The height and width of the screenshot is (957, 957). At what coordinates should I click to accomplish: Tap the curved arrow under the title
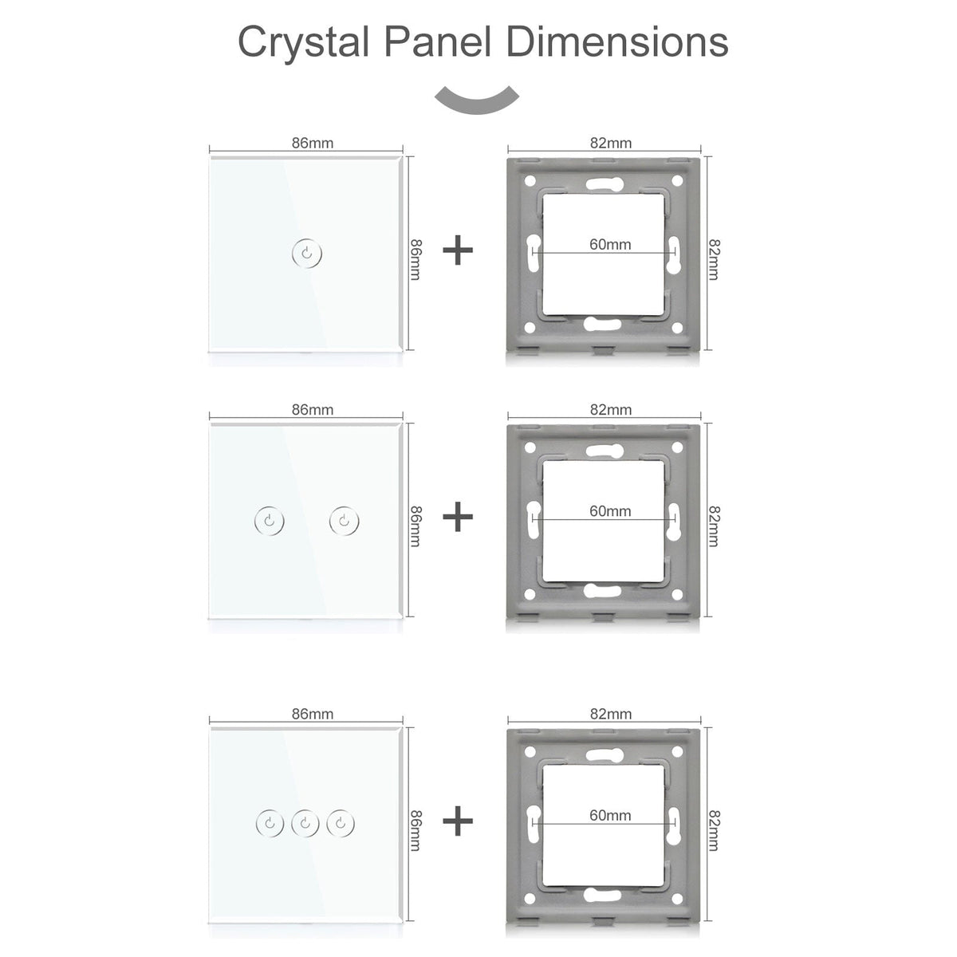(x=477, y=102)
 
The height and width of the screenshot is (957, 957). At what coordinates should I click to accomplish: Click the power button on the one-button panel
(x=308, y=254)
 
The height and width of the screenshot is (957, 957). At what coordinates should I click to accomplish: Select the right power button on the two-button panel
(x=344, y=521)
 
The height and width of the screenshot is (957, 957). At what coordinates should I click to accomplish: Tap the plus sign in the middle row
(x=458, y=518)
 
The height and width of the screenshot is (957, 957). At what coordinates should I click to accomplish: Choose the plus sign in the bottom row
(x=458, y=821)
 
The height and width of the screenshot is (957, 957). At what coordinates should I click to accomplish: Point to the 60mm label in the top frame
(x=610, y=244)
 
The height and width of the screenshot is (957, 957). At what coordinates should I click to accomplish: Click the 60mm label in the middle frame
(x=610, y=511)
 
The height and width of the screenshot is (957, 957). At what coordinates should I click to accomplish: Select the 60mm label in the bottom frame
(x=610, y=815)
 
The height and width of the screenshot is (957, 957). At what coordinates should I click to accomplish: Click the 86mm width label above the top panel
(x=313, y=144)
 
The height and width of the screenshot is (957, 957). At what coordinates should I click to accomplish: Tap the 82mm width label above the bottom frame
(x=611, y=714)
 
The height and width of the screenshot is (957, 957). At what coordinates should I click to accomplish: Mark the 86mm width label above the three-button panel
(x=313, y=714)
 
